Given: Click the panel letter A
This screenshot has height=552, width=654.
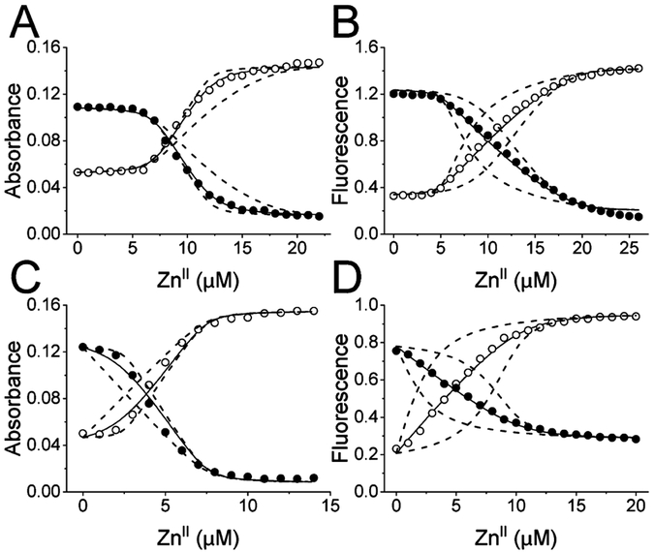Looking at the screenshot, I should pos(26,25).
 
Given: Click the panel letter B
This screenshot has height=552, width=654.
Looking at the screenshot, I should pos(356,25).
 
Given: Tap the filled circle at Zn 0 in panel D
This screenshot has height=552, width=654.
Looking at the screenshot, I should pos(396,351).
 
